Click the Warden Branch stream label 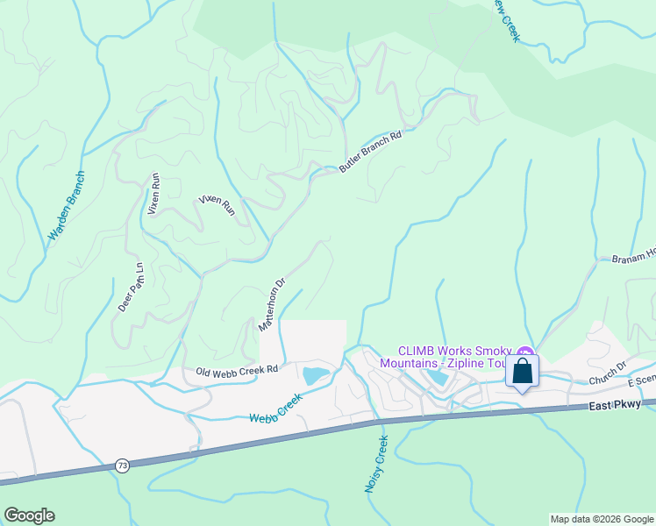(x=67, y=207)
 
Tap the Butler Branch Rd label (x=370, y=151)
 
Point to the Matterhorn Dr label (x=272, y=305)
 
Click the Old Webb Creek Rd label (x=237, y=371)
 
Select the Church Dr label (x=608, y=374)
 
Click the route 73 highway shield (x=121, y=466)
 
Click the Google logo (x=29, y=515)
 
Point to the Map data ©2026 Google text (x=600, y=519)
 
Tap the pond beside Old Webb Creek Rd (x=315, y=376)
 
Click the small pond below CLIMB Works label (x=436, y=378)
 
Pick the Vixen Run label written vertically (x=155, y=194)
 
